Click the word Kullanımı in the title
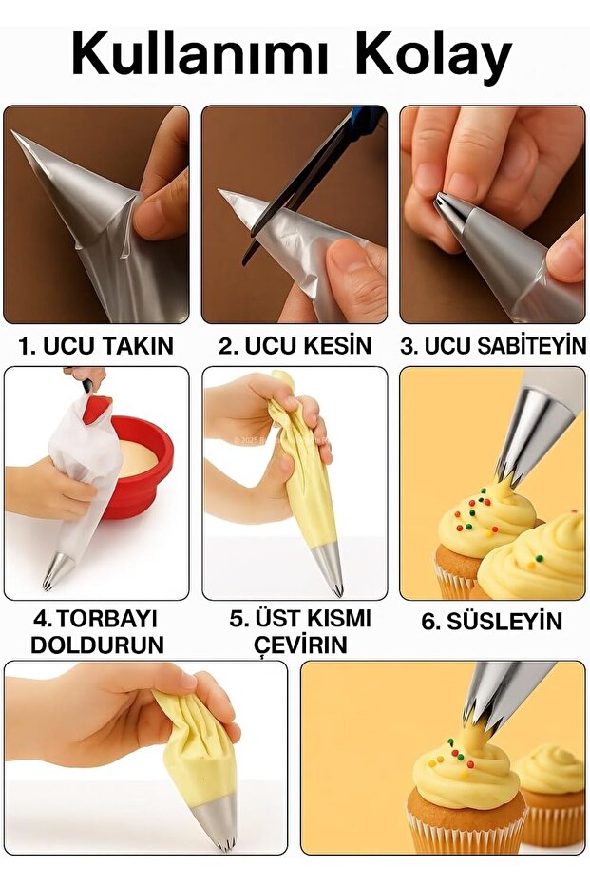click(203, 55)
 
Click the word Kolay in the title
click(433, 55)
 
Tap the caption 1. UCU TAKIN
click(96, 346)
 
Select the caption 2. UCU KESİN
click(295, 346)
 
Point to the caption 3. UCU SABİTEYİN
click(492, 346)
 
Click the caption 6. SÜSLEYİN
click(492, 623)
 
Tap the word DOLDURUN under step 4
click(97, 645)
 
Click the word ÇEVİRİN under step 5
click(300, 645)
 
